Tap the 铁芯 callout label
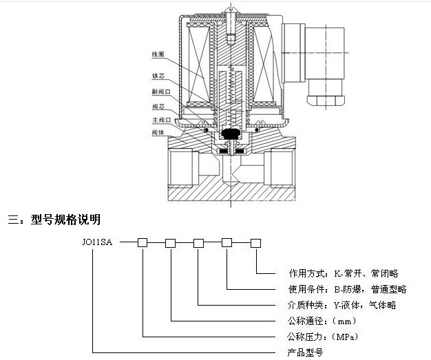[x=160, y=75]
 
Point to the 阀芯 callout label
[x=160, y=106]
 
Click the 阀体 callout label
[x=160, y=132]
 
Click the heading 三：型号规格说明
[x=54, y=220]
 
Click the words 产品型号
[x=303, y=352]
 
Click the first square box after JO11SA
[x=143, y=242]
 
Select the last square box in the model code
[x=255, y=242]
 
